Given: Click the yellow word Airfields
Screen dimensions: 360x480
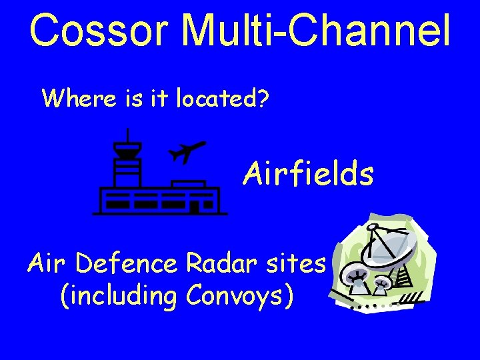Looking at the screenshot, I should click(x=308, y=174).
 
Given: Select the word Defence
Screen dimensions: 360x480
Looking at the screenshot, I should click(x=127, y=264).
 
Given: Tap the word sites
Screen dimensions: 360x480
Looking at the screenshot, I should click(x=295, y=264).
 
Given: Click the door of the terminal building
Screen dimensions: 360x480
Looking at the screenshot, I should click(x=193, y=207).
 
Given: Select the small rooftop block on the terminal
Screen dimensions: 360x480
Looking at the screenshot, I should click(x=188, y=183).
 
